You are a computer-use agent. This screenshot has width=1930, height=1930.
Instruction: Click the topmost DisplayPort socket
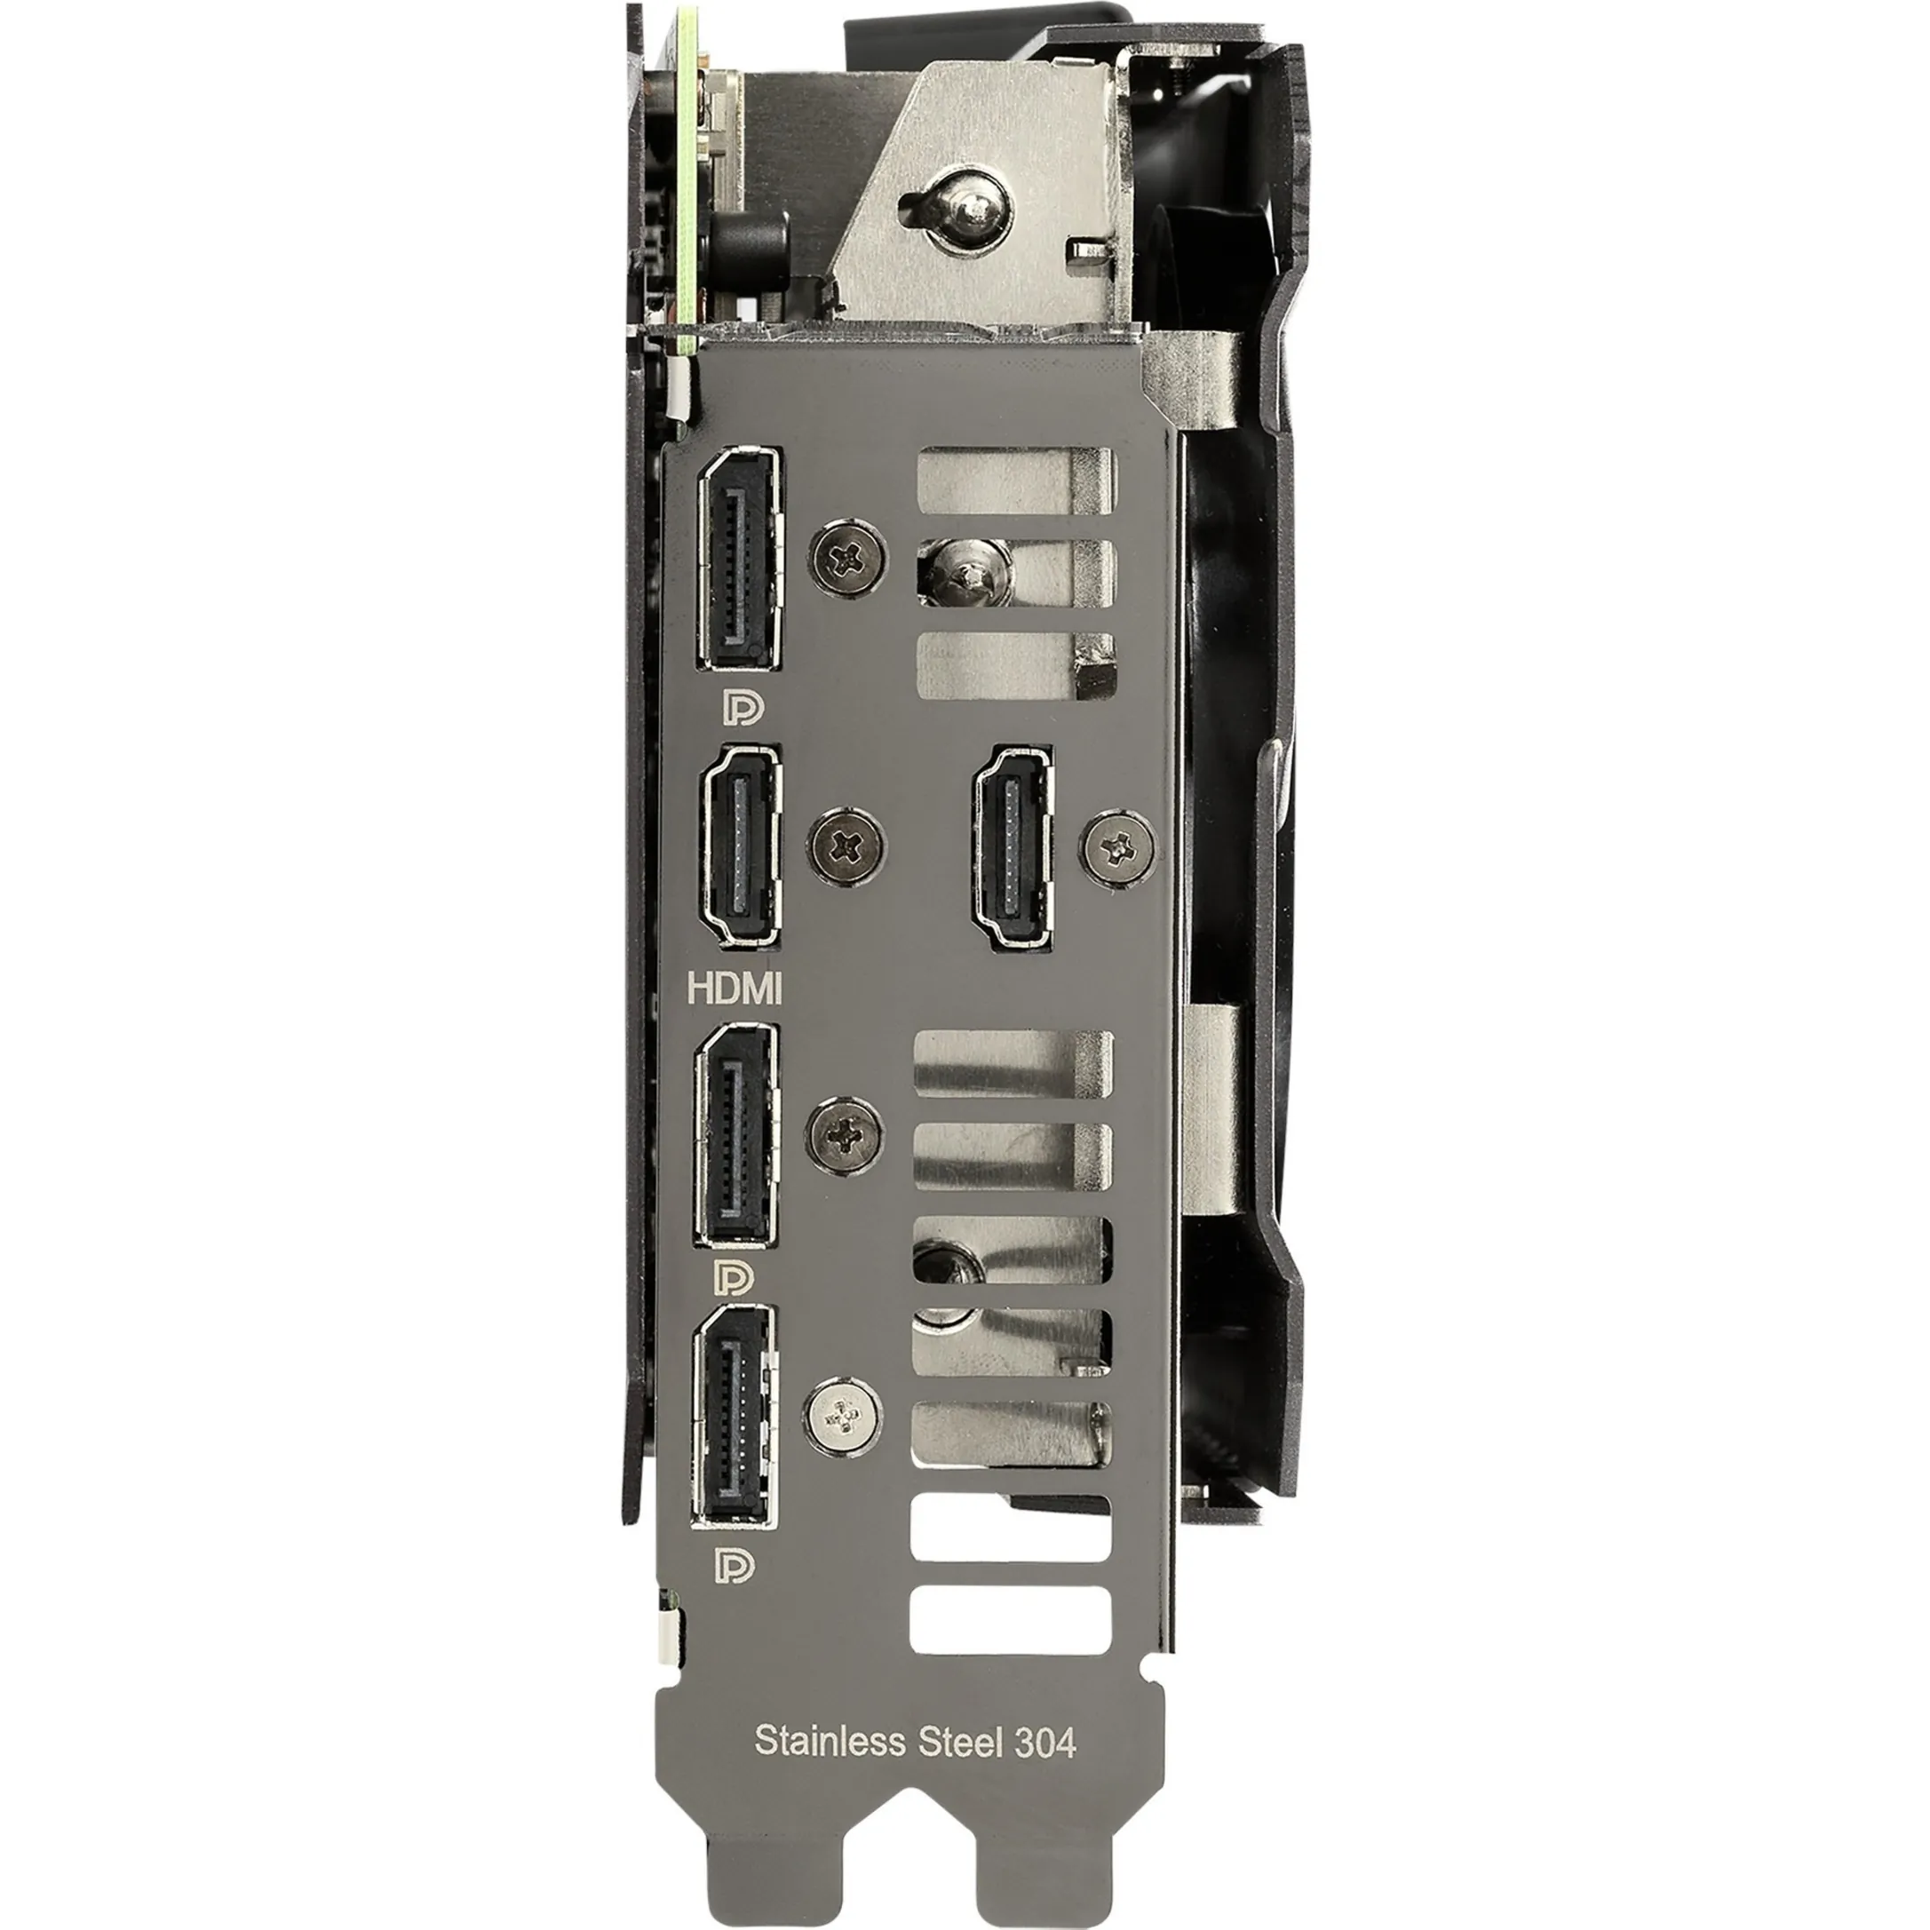[x=739, y=559]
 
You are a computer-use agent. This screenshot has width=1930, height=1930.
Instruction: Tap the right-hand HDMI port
[x=1012, y=847]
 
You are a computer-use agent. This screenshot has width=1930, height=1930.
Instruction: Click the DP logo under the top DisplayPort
[x=743, y=707]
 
